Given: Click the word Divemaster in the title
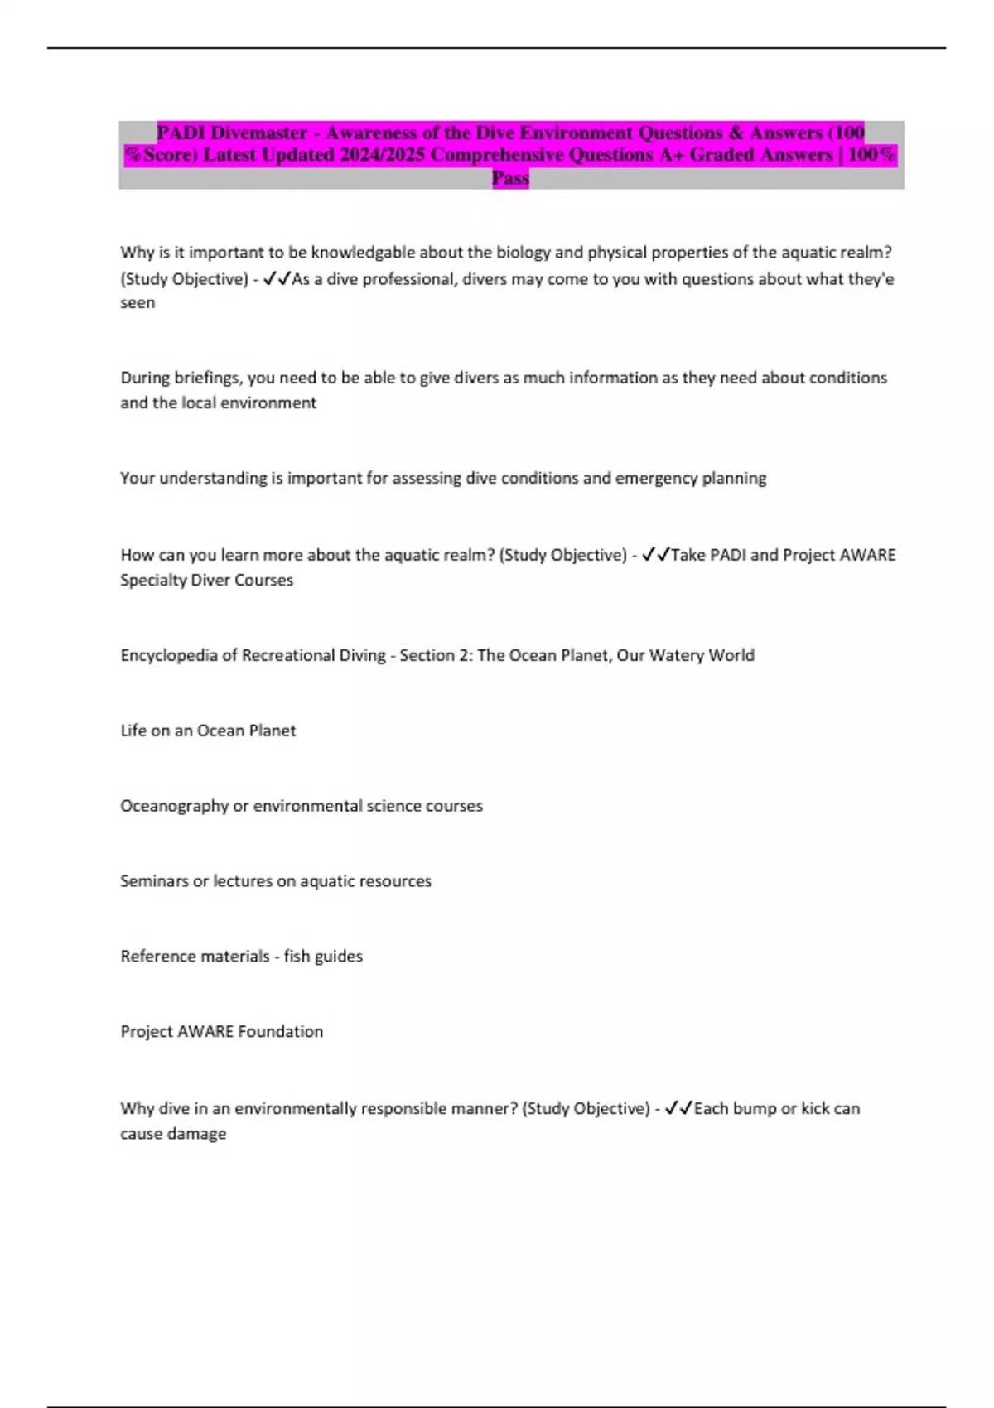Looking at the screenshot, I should click(258, 133).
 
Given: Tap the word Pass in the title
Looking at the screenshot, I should click(510, 177).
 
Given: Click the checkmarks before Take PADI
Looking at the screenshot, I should click(656, 555).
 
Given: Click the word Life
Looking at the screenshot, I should click(134, 731).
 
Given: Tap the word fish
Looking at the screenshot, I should click(296, 956).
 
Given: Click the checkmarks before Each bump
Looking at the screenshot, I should click(679, 1108).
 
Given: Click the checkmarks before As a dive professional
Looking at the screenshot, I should click(277, 279).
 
